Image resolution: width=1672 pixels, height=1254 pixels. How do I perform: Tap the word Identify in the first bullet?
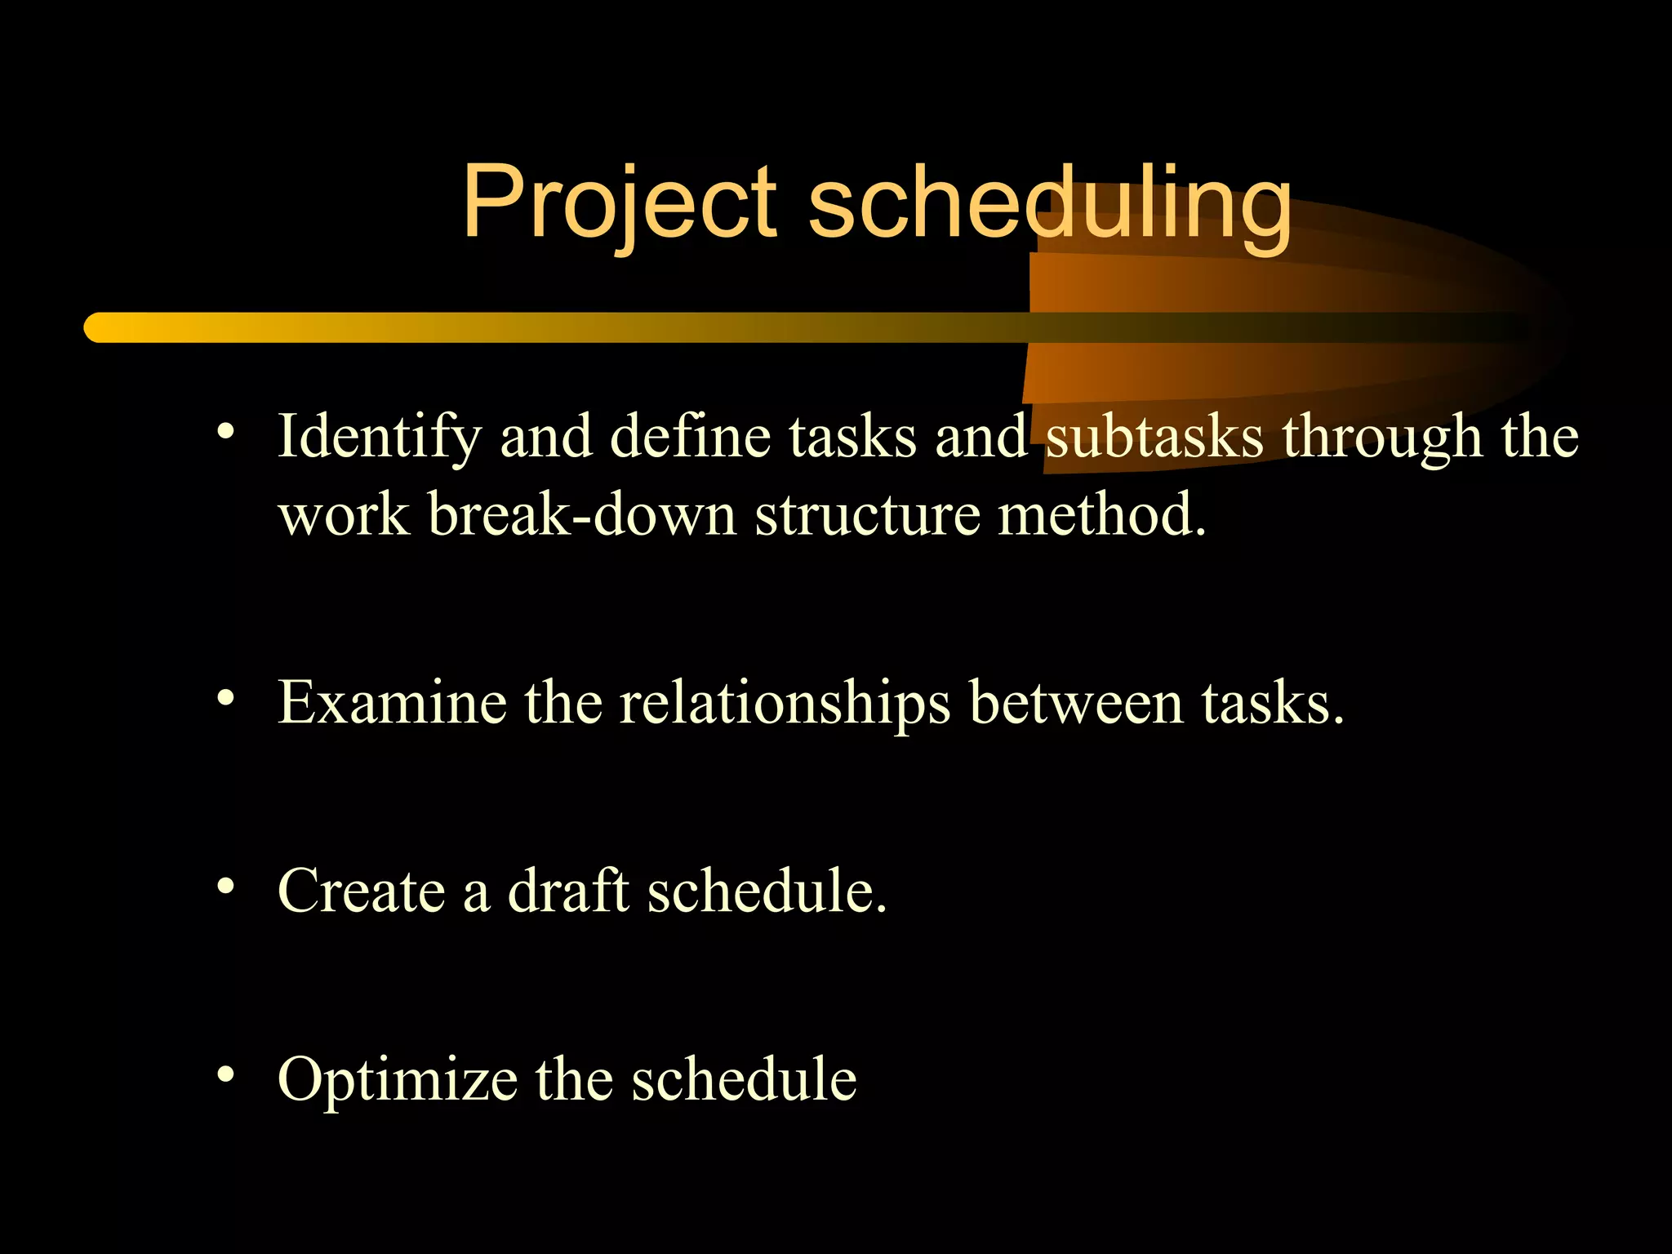pos(380,438)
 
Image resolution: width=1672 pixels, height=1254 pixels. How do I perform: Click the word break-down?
pos(581,516)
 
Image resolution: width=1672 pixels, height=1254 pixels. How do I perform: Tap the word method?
pos(1101,516)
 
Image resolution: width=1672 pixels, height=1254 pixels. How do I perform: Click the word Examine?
pos(392,702)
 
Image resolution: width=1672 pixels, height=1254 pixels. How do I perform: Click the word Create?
pos(361,890)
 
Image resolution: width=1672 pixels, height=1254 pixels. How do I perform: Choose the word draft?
pos(568,890)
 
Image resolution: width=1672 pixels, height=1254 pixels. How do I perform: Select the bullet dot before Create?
pos(226,885)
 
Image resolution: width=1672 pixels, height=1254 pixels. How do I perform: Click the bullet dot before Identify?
pos(226,431)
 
